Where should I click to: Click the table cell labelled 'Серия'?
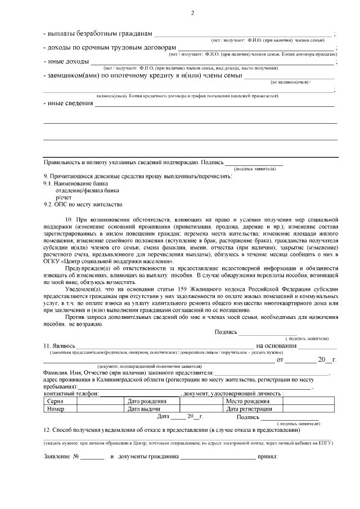[x=56, y=402]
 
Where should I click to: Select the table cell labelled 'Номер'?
[x=57, y=409]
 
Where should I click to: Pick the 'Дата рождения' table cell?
[x=147, y=402]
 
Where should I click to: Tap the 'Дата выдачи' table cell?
[x=145, y=409]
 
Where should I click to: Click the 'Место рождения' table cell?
[x=247, y=402]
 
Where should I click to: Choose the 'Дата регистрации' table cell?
[x=250, y=409]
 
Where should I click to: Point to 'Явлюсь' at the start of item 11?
[x=61, y=345]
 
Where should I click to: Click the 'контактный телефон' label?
[x=71, y=394]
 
